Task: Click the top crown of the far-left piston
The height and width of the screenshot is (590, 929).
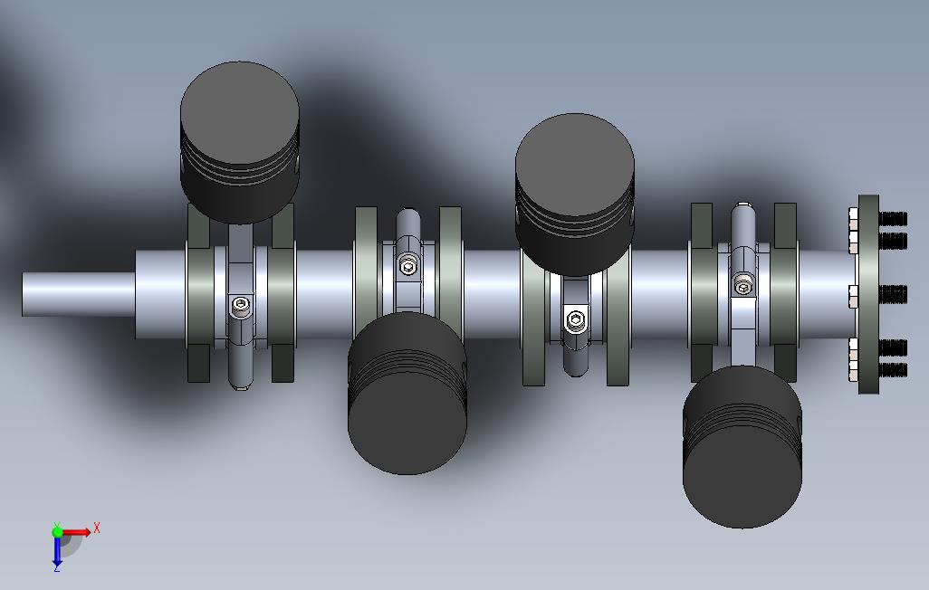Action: (240, 111)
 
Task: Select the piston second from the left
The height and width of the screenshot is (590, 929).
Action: (407, 393)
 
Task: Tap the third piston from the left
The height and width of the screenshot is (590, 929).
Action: (575, 195)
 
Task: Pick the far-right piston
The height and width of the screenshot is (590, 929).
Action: (742, 447)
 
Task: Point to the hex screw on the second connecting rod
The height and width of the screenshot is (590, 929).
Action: (407, 266)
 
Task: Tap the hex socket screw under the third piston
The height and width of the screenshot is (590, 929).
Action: (575, 320)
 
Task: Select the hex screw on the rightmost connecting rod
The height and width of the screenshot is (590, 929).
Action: (743, 287)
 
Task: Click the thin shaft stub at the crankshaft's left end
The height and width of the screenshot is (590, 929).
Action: (79, 294)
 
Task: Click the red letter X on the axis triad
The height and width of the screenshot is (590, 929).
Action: (97, 528)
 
